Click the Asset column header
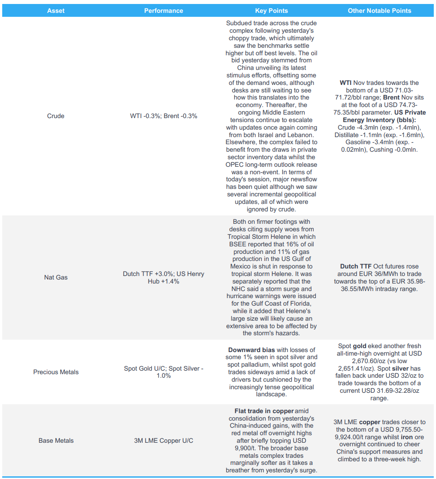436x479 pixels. (56, 11)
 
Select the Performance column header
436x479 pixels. (163, 11)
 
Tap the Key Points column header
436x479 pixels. (272, 11)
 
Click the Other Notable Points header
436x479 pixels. (380, 11)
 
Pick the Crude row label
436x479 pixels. (56, 116)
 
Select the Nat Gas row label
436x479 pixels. (56, 277)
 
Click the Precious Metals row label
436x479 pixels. (56, 372)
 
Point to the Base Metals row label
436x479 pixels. (56, 441)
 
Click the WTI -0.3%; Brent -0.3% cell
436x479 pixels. (163, 116)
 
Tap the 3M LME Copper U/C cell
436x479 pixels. (163, 441)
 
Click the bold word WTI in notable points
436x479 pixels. (346, 83)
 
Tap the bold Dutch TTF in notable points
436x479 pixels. (355, 266)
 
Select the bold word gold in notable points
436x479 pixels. (360, 346)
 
